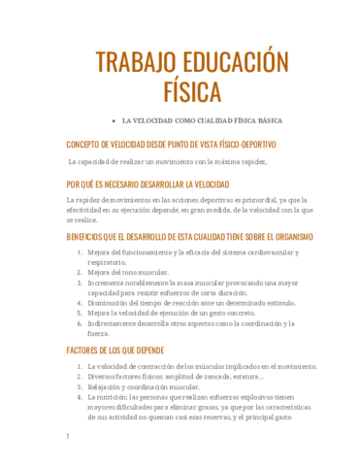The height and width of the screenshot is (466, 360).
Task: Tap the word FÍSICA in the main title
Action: coord(192,91)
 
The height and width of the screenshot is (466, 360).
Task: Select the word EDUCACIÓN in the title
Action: coord(239,63)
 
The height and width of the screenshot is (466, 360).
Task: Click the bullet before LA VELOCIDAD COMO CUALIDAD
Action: coord(114,121)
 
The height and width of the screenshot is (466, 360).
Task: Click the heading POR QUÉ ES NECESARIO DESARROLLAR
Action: coord(147,183)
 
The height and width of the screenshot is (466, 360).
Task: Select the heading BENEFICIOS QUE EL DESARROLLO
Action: coord(189,236)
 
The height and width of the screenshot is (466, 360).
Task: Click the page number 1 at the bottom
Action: coord(67,437)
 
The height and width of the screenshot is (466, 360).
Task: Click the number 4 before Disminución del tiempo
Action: coord(79,303)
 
